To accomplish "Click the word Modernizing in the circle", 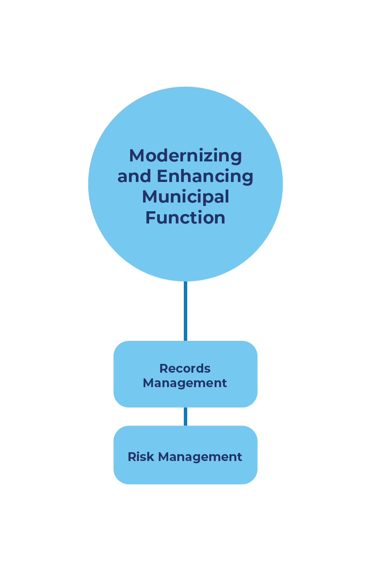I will [x=185, y=156].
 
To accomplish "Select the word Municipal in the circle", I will [x=185, y=197].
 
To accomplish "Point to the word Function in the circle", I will [x=185, y=218].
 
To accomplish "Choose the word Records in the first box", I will [x=185, y=368].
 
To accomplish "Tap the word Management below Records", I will [x=185, y=383].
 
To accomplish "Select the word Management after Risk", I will [x=200, y=457].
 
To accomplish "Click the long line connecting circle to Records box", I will [x=185, y=311].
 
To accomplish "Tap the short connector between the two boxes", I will [x=185, y=416].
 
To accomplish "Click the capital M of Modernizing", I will [x=137, y=156].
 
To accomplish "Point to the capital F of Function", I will [x=150, y=218].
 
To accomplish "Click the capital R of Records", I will [x=164, y=368].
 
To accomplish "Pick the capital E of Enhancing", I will [x=162, y=177].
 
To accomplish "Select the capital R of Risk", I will [x=132, y=456].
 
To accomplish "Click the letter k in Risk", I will [x=151, y=456].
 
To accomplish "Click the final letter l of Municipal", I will [x=227, y=196].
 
